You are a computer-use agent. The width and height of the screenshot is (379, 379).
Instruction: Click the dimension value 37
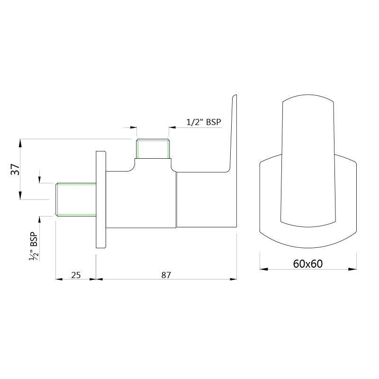pos(16,170)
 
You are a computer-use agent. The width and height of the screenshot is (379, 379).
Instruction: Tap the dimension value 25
pos(76,275)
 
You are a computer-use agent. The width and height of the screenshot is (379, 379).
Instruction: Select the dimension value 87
pos(166,275)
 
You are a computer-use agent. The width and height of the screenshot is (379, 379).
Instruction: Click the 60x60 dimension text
pos(307,264)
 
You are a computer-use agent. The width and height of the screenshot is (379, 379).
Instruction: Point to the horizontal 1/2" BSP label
pos(204,122)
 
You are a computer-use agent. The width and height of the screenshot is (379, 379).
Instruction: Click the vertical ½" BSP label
pos(34,246)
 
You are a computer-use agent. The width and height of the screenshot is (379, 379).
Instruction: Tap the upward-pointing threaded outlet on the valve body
pos(153,149)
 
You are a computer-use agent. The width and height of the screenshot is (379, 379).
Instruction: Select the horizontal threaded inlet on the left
pos(76,199)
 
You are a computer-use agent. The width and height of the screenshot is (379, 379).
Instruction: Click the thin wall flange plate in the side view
pos(101,199)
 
